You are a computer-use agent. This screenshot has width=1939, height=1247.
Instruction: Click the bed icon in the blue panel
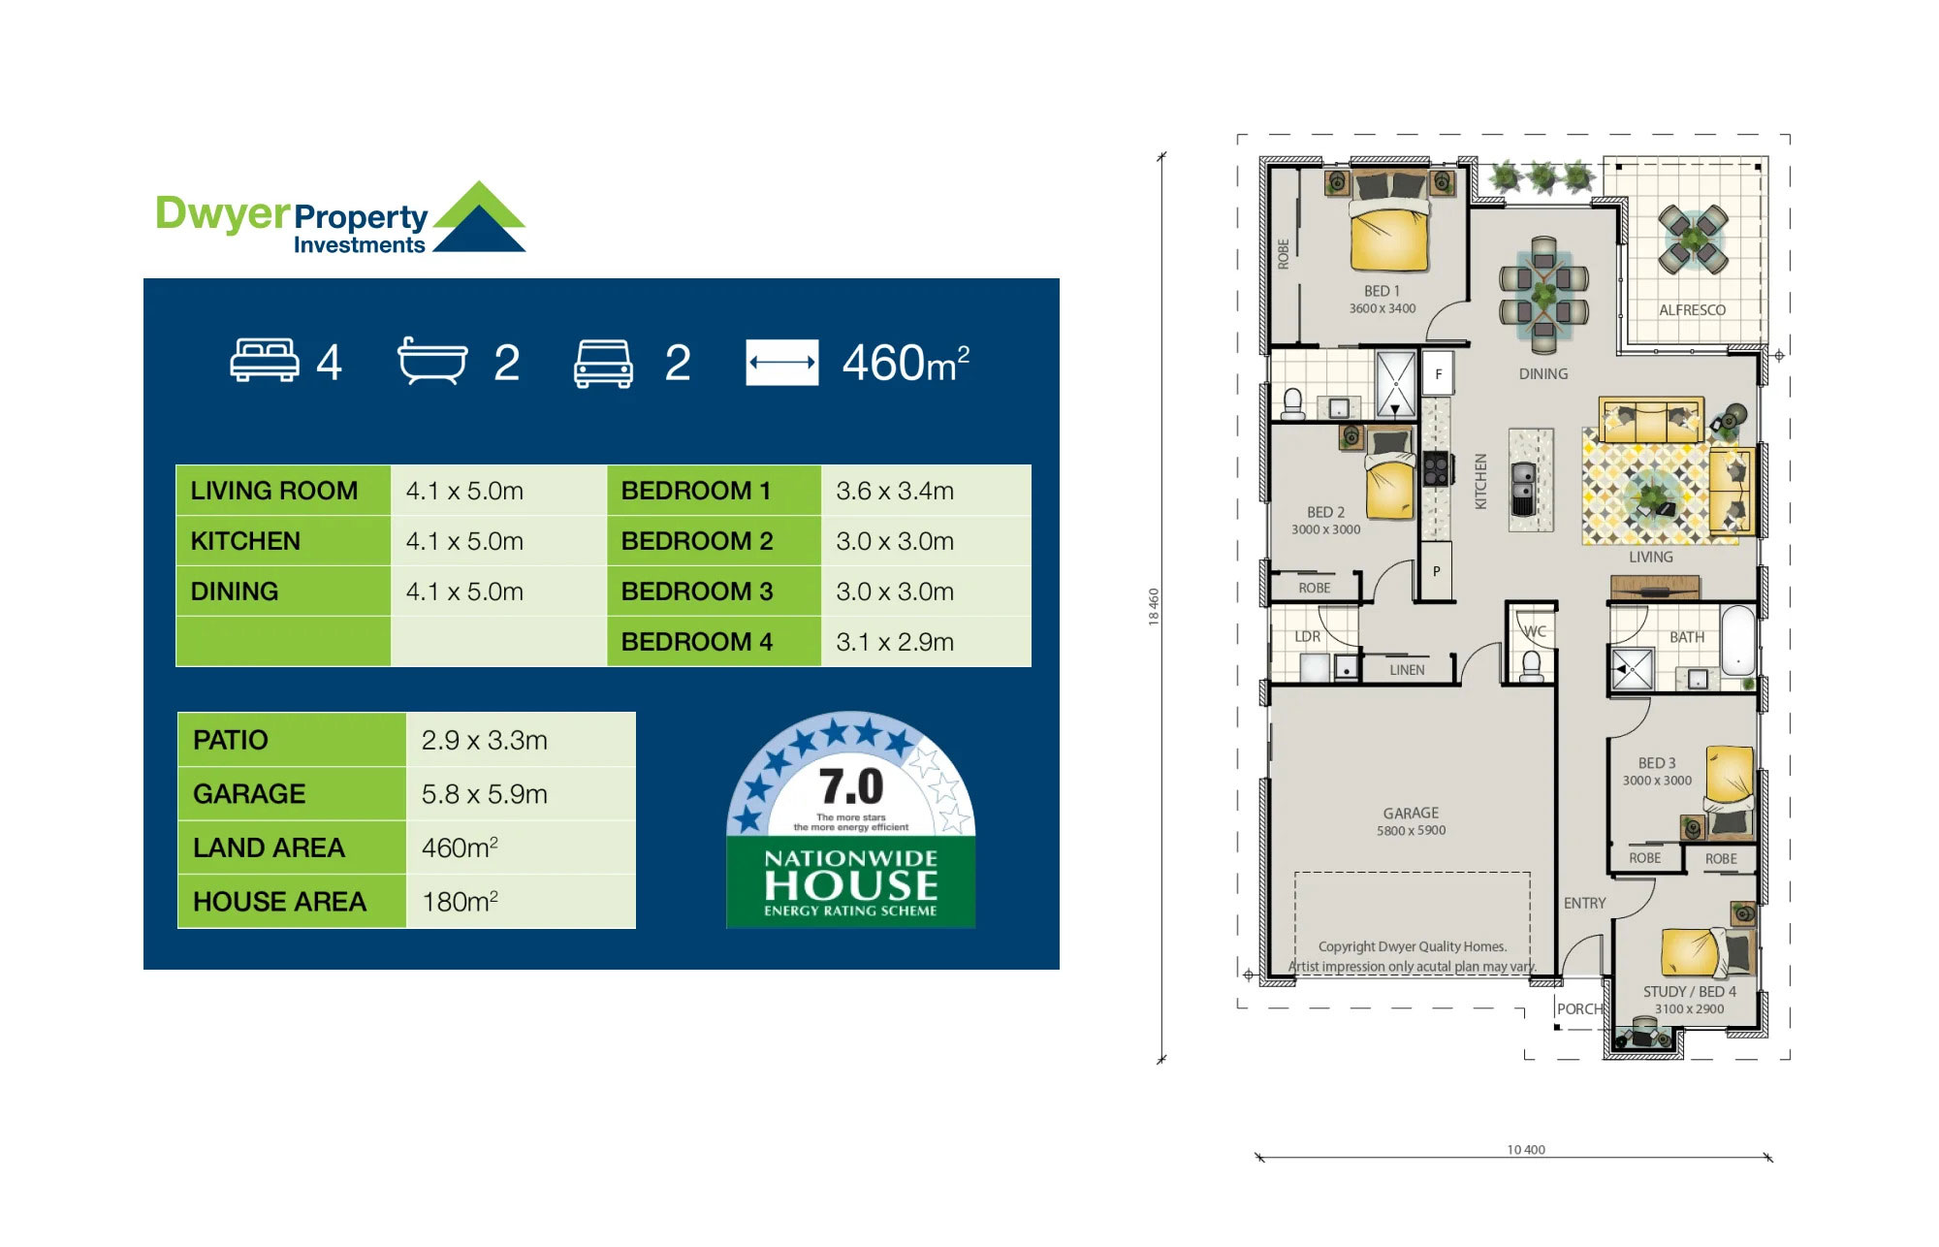point(265,361)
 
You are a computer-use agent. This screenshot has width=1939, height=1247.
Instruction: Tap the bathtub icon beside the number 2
point(432,361)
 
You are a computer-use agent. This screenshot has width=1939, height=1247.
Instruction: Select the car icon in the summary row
point(604,364)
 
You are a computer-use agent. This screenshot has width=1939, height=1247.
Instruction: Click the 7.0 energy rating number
point(851,786)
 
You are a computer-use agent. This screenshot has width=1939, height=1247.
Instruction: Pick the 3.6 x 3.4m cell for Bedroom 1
point(895,491)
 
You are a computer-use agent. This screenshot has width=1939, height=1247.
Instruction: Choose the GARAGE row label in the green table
point(249,794)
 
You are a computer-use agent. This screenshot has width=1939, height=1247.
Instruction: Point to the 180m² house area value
point(460,901)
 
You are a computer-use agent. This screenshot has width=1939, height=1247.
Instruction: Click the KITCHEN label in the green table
point(245,541)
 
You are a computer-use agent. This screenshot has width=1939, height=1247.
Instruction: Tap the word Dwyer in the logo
point(223,214)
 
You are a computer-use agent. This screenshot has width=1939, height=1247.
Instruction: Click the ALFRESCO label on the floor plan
point(1692,310)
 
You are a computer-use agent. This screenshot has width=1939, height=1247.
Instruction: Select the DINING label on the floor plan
point(1543,374)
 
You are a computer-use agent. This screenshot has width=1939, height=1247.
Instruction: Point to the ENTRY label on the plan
point(1585,903)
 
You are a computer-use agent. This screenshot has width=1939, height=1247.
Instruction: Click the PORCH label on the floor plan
point(1580,1008)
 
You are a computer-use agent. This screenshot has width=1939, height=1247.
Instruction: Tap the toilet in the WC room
point(1532,666)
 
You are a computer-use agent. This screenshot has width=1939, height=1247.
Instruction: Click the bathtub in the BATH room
point(1738,640)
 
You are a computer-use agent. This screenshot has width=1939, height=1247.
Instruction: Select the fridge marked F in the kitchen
point(1439,374)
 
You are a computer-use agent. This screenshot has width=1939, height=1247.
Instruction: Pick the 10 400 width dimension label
point(1526,1150)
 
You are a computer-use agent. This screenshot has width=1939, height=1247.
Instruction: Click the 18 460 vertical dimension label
point(1154,607)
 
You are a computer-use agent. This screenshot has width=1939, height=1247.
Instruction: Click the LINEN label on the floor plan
point(1407,670)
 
